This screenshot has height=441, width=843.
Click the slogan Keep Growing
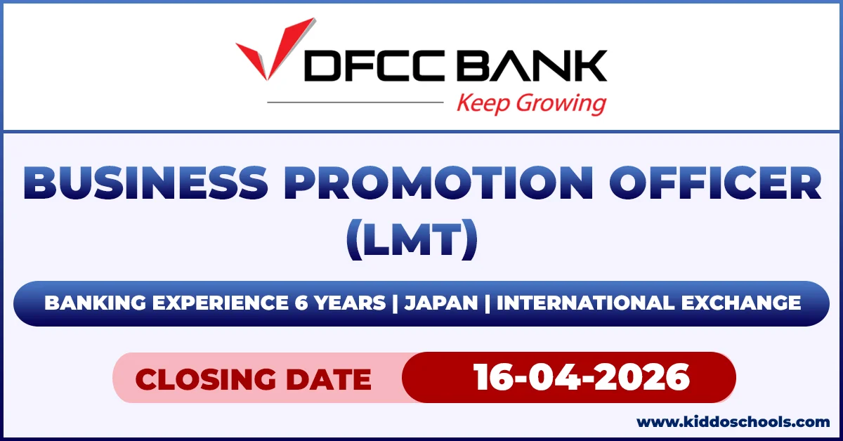(530, 103)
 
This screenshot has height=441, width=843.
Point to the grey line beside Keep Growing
(355, 103)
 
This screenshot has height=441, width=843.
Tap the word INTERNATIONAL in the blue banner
(589, 303)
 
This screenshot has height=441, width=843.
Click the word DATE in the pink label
(331, 380)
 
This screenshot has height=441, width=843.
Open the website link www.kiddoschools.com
(733, 422)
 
